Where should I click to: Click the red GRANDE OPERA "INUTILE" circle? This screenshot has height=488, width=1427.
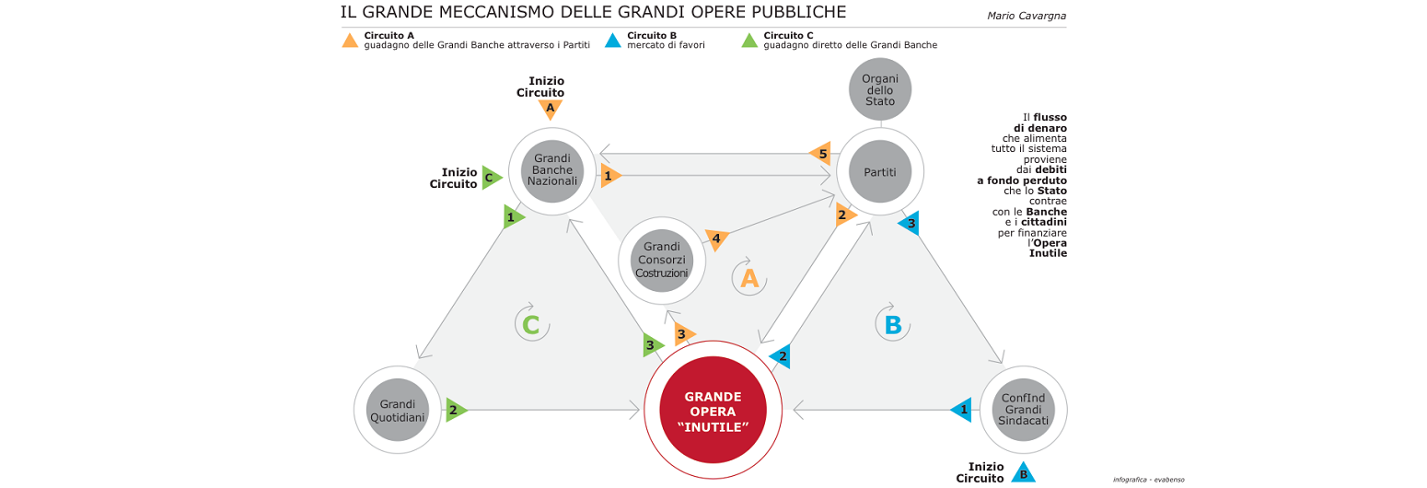coord(714,411)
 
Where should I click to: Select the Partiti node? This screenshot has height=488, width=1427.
coord(879,172)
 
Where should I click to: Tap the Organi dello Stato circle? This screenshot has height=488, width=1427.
coord(879,89)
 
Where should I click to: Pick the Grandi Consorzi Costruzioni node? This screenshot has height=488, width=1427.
coord(661,261)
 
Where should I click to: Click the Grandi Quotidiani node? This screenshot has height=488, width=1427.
coord(397,411)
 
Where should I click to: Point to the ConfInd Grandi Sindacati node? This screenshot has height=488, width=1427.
coord(1024,409)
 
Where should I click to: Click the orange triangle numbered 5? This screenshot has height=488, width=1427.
coord(821,152)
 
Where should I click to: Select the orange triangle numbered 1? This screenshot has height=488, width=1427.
coord(609,175)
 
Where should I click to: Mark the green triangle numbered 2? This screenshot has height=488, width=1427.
coord(455,410)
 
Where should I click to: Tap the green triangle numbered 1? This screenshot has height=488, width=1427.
coord(512,217)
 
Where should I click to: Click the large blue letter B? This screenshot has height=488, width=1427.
coord(891,324)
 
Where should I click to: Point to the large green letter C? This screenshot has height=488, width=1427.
coord(530,324)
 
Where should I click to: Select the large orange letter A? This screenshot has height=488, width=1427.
coord(749,278)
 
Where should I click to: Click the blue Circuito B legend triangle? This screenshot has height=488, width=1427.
coord(613,41)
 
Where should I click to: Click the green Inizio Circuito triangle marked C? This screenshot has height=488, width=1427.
coord(491,177)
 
